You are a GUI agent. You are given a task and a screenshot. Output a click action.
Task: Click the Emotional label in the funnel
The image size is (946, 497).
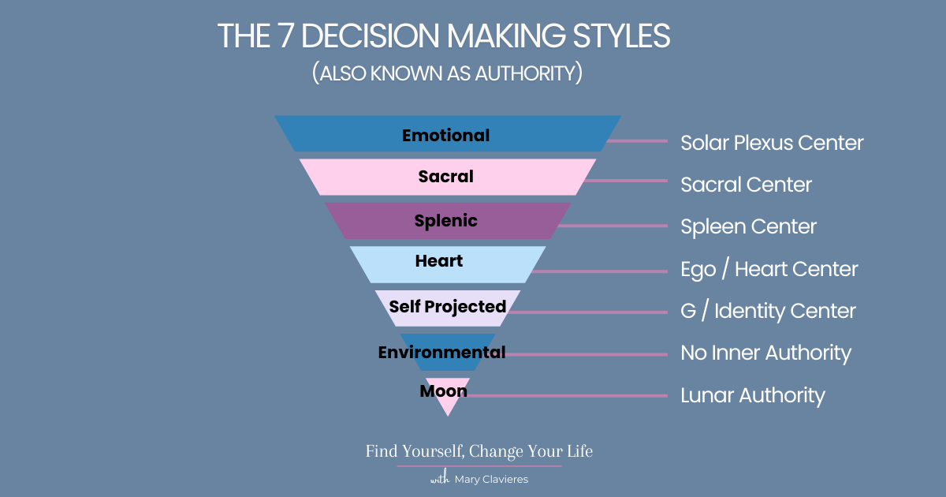(x=445, y=136)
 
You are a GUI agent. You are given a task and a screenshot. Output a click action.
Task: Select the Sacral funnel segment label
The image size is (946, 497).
(x=445, y=177)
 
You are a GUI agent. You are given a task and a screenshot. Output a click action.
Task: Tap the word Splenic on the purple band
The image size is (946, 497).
(x=445, y=221)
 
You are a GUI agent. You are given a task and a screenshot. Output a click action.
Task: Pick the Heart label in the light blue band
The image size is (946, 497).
(x=439, y=261)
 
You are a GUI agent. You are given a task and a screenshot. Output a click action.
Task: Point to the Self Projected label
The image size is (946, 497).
(x=447, y=306)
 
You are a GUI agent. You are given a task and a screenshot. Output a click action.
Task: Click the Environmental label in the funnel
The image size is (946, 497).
(x=441, y=353)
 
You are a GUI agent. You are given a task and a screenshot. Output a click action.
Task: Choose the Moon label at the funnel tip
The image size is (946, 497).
(x=443, y=391)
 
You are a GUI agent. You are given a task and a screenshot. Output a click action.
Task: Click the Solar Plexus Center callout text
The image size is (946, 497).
(x=772, y=143)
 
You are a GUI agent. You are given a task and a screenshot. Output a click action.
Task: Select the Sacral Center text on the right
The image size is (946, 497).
(x=746, y=185)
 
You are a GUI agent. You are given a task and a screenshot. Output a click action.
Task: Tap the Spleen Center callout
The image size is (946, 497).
(x=748, y=227)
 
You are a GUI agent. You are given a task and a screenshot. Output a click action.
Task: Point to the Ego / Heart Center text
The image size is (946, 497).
(x=769, y=269)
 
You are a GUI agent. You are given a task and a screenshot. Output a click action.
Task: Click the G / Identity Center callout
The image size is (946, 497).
(x=768, y=311)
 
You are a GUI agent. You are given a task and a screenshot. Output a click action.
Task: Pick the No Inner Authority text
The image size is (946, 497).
(x=765, y=353)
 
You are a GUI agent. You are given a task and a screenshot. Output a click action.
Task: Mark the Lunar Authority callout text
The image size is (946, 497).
(x=752, y=394)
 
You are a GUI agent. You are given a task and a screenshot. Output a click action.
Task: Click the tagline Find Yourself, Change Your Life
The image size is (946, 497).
(x=479, y=452)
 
